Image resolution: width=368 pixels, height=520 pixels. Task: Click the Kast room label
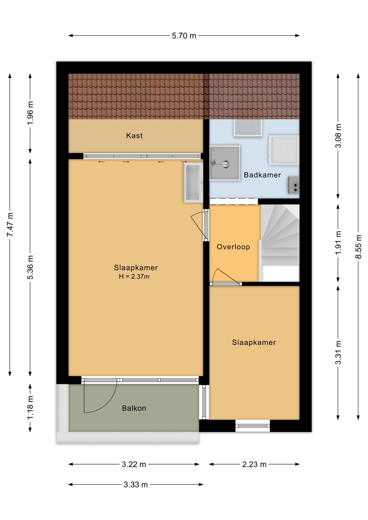pos(134,135)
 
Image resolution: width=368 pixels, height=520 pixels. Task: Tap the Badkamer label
pos(262,175)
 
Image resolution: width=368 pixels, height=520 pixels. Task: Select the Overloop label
pos(233,247)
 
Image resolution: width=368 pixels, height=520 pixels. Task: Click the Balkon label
pos(134,408)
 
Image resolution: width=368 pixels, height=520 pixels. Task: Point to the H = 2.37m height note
pos(134,277)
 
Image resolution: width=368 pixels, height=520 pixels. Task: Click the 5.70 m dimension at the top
pos(184,36)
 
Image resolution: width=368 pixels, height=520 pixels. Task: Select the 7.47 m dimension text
pos(10,225)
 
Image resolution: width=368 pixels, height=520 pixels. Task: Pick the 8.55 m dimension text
pos(359,246)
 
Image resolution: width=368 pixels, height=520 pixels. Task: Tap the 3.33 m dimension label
pos(135,485)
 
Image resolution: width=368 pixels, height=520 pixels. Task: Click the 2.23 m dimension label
pos(254,464)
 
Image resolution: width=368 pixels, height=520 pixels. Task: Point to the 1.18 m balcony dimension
pos(30,407)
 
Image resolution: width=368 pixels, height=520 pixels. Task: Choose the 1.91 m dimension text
pos(338,243)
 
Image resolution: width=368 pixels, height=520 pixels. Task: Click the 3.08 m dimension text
pos(338,136)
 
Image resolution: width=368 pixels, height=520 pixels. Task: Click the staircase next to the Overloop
pos(280,243)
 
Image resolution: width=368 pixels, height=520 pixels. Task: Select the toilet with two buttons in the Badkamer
pos(293,185)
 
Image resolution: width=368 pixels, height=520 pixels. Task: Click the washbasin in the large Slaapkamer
pos(193,183)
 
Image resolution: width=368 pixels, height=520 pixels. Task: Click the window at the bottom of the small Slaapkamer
pos(253,425)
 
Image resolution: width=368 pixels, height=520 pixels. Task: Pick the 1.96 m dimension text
pos(30,113)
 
